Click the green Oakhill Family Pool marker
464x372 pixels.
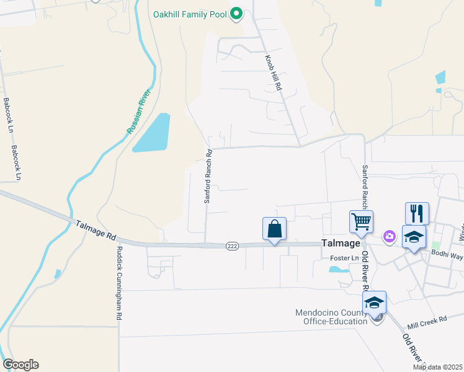(x=236, y=13)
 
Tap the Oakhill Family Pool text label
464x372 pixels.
(x=190, y=13)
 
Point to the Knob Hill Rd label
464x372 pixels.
(x=274, y=74)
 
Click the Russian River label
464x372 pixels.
(x=139, y=111)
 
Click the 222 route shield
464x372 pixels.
(x=232, y=246)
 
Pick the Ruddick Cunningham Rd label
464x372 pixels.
(x=118, y=283)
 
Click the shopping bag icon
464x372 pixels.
(x=274, y=229)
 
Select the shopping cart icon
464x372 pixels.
(x=361, y=221)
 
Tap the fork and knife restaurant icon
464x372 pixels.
(x=417, y=213)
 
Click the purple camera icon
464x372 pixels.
(x=389, y=236)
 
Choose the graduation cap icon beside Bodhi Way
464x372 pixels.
(x=414, y=237)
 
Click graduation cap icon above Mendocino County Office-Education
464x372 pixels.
(x=374, y=303)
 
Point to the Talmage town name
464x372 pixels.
(x=340, y=244)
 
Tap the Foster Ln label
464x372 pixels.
(x=345, y=258)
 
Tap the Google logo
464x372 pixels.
(x=20, y=365)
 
